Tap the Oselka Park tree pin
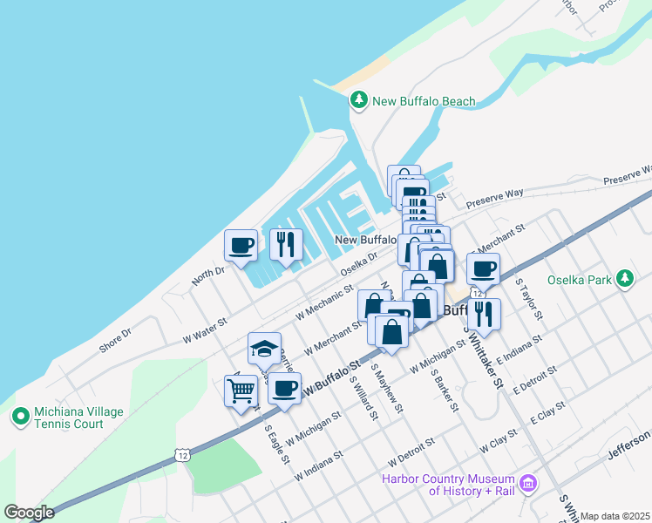tap(624, 280)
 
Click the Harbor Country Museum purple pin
tap(526, 483)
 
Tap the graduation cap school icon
tap(264, 349)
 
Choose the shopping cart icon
tap(241, 391)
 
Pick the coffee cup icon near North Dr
tap(241, 245)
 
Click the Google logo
tap(29, 513)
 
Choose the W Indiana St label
tap(319, 467)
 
